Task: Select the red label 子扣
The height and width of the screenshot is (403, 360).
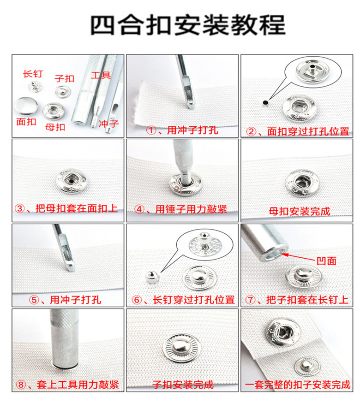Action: click(x=64, y=78)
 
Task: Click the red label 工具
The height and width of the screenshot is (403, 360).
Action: click(x=101, y=75)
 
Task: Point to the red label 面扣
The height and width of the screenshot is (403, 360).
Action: click(x=26, y=123)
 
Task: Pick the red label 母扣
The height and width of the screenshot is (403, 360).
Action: click(x=55, y=127)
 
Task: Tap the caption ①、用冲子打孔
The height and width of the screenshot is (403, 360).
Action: click(x=182, y=130)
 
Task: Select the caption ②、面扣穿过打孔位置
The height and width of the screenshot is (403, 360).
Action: click(x=298, y=131)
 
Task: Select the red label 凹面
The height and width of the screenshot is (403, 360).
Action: click(x=325, y=261)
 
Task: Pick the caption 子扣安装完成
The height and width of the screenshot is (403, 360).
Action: click(x=183, y=385)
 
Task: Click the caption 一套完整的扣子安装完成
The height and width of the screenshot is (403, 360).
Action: click(x=298, y=385)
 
